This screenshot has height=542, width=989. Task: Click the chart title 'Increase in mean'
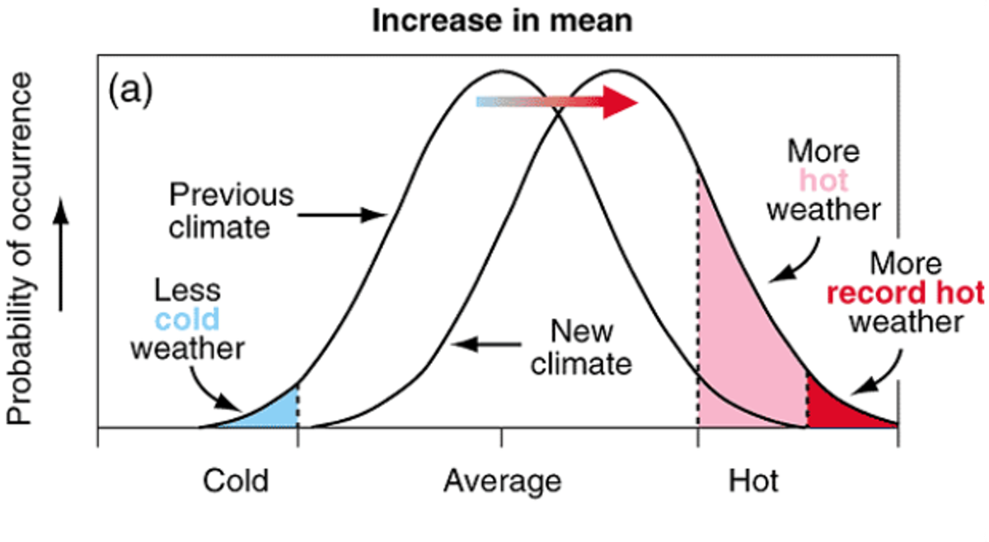tap(502, 21)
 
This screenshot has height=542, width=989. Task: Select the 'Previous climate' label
tap(230, 211)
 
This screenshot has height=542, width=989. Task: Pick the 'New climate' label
tap(581, 347)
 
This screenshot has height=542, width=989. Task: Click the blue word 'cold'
tap(186, 319)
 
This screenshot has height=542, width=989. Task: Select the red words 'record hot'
tap(905, 293)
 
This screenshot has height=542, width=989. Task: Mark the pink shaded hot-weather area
tap(742, 329)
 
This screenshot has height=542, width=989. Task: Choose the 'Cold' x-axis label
tap(236, 480)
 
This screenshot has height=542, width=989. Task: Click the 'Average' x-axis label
tap(502, 480)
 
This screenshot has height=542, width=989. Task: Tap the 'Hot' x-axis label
tap(753, 480)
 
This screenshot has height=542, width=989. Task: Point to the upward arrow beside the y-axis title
tap(62, 255)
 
